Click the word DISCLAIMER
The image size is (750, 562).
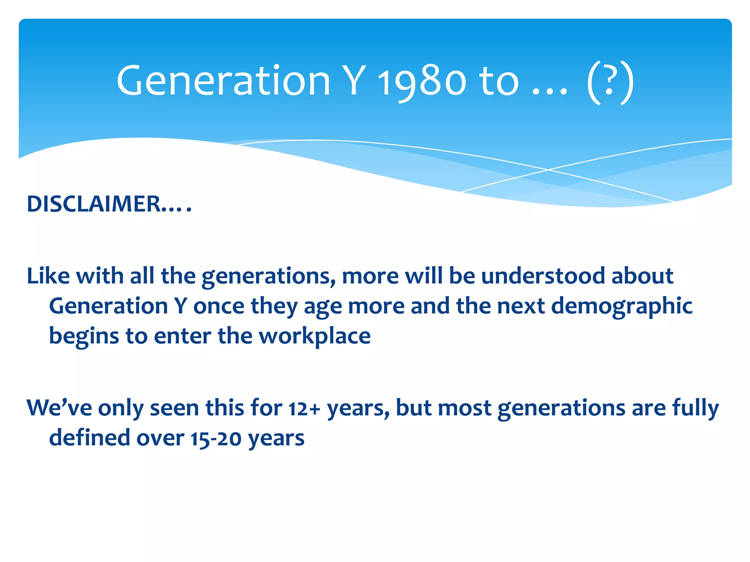[x=93, y=204]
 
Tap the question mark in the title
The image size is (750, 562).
[x=609, y=81]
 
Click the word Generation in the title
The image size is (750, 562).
[x=223, y=81]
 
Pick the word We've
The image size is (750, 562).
[x=59, y=408]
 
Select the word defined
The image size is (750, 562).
[x=89, y=438]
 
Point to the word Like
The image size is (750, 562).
[x=48, y=276]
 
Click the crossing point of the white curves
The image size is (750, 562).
[x=548, y=170]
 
